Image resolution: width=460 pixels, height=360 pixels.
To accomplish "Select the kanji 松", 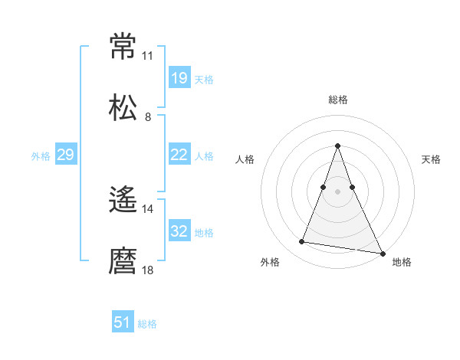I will (x=123, y=107).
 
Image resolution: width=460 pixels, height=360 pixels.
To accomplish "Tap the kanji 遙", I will (x=123, y=201).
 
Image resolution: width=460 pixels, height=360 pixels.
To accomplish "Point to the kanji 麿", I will (x=123, y=261).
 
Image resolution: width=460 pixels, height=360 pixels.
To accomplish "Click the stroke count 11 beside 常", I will (x=147, y=56).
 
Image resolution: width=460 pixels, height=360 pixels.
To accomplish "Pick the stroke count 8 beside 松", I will (x=147, y=116).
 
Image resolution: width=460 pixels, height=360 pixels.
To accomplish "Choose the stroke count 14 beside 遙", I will (x=147, y=209).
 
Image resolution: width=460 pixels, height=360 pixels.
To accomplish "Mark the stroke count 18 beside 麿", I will (x=147, y=270).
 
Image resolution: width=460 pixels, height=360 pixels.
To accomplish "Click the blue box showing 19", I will (x=179, y=78).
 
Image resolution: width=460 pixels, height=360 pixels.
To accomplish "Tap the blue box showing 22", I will (x=179, y=155).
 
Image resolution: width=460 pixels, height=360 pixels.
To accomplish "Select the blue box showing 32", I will (x=179, y=231).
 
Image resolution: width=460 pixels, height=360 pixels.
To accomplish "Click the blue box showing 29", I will (x=65, y=155).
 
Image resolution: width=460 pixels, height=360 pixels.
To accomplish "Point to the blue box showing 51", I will (x=123, y=323).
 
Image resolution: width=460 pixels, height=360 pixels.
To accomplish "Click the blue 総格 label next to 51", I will (x=147, y=324).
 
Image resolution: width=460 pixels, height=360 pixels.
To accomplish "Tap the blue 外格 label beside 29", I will (x=41, y=155).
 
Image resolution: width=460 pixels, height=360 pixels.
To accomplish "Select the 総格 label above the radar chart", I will (x=338, y=100).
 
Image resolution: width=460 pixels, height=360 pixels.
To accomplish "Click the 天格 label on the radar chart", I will (x=431, y=159).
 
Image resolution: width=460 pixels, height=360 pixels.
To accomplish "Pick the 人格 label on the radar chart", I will (x=245, y=159).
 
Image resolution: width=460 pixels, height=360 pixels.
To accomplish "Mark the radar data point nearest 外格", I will (x=302, y=242).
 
